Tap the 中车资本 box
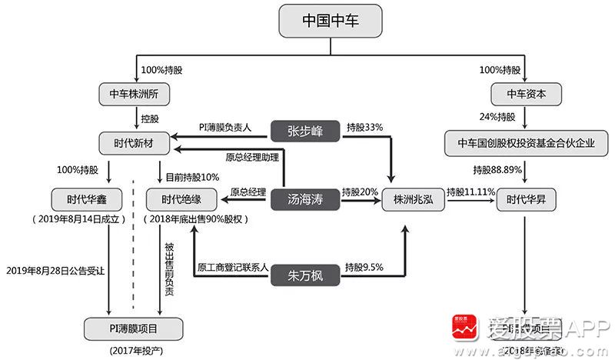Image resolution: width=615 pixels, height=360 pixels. [527, 95]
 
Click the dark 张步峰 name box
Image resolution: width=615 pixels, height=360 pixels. [305, 130]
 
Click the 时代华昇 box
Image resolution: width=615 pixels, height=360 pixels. [527, 200]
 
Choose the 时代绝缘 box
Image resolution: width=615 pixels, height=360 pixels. [182, 199]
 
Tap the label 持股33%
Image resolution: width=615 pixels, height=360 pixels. [364, 126]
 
